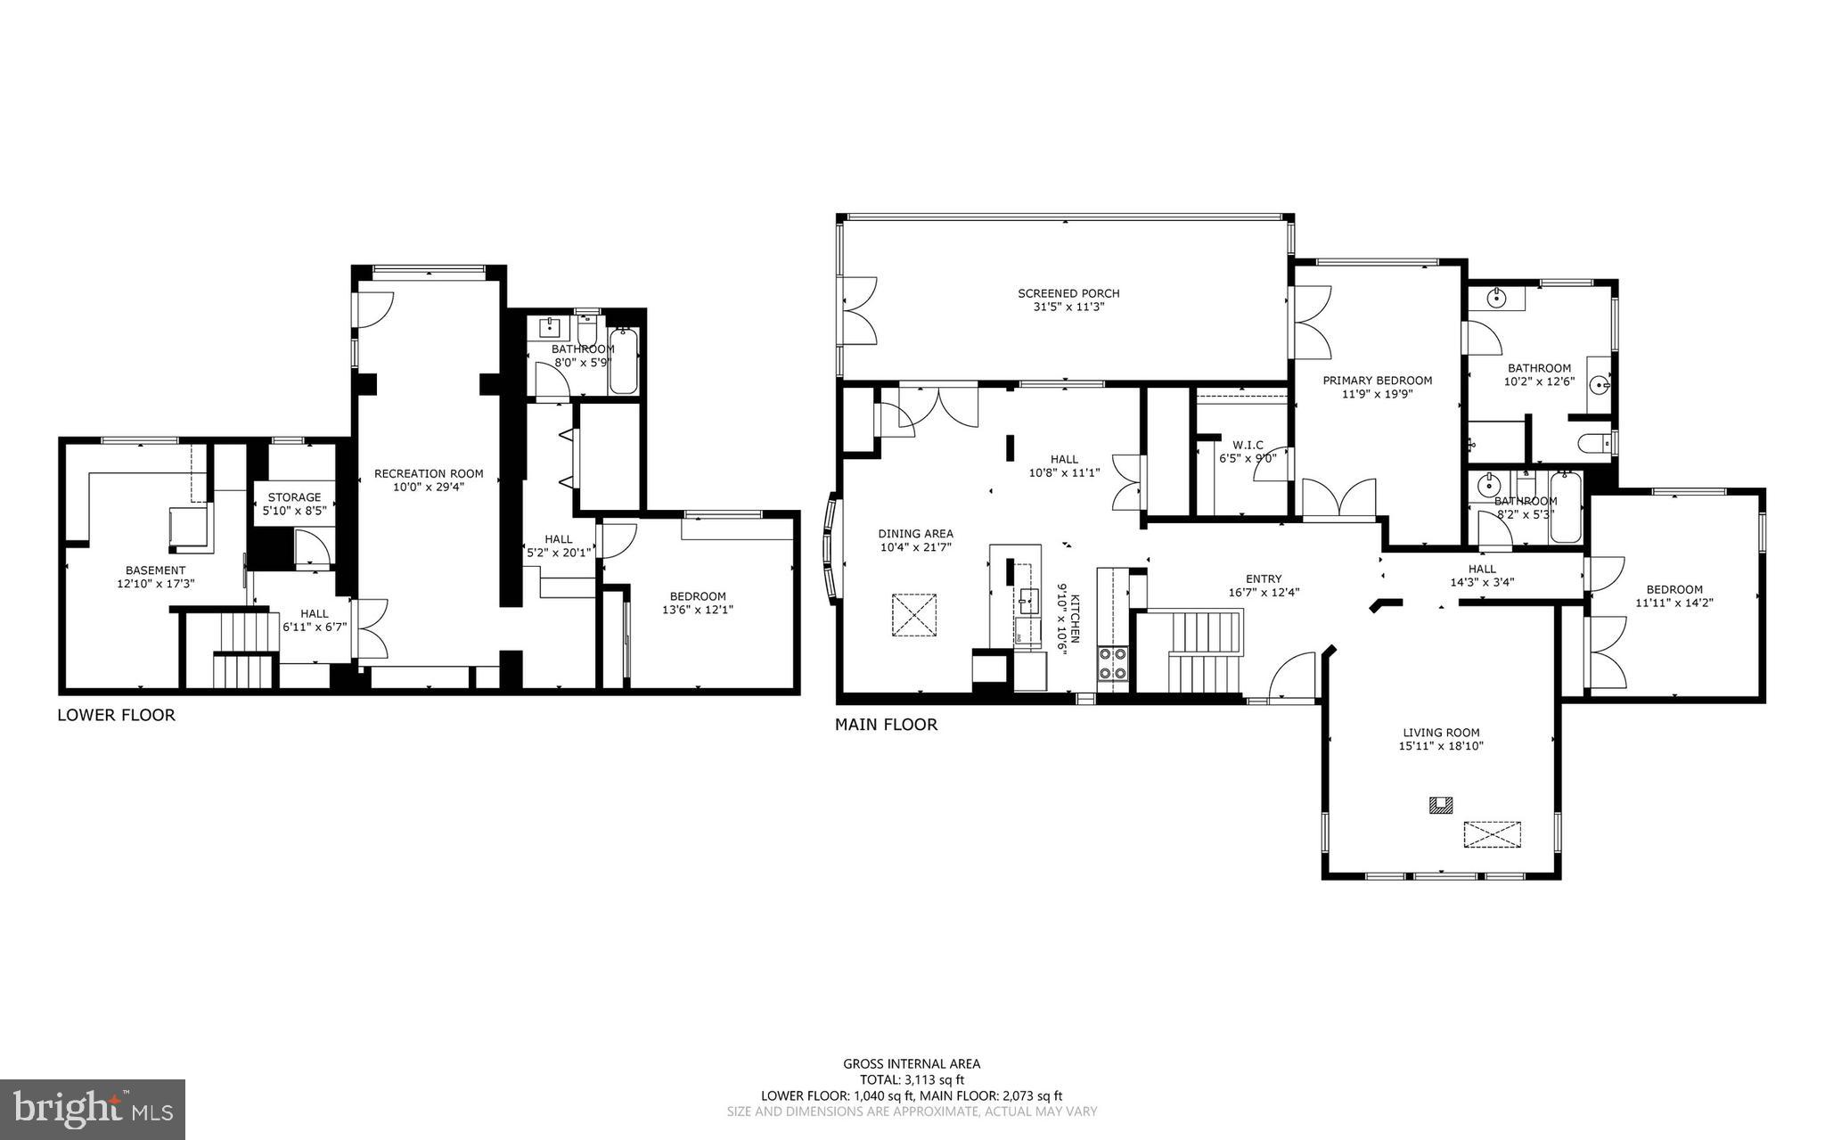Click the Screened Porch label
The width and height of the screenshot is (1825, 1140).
pos(1068,293)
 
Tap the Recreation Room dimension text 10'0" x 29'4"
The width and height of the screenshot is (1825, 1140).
pos(429,487)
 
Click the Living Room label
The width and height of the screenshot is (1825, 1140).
pos(1440,733)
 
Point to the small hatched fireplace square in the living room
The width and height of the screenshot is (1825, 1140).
pos(1440,805)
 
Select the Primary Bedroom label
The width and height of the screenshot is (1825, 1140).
pos(1377,380)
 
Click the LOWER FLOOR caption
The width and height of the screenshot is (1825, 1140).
pos(116,715)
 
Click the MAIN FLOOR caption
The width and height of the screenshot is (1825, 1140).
pos(886,725)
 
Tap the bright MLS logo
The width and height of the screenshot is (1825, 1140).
pos(93,1109)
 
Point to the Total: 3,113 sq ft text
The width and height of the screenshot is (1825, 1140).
pos(912,1079)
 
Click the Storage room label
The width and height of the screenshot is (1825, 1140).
pos(294,497)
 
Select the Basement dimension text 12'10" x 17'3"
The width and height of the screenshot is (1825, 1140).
pos(156,583)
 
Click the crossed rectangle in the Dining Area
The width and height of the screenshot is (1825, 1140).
pos(914,615)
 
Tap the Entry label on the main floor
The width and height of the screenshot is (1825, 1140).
pos(1263,578)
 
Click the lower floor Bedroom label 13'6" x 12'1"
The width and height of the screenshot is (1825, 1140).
pos(698,596)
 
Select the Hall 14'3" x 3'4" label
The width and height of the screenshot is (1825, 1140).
pos(1482,569)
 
